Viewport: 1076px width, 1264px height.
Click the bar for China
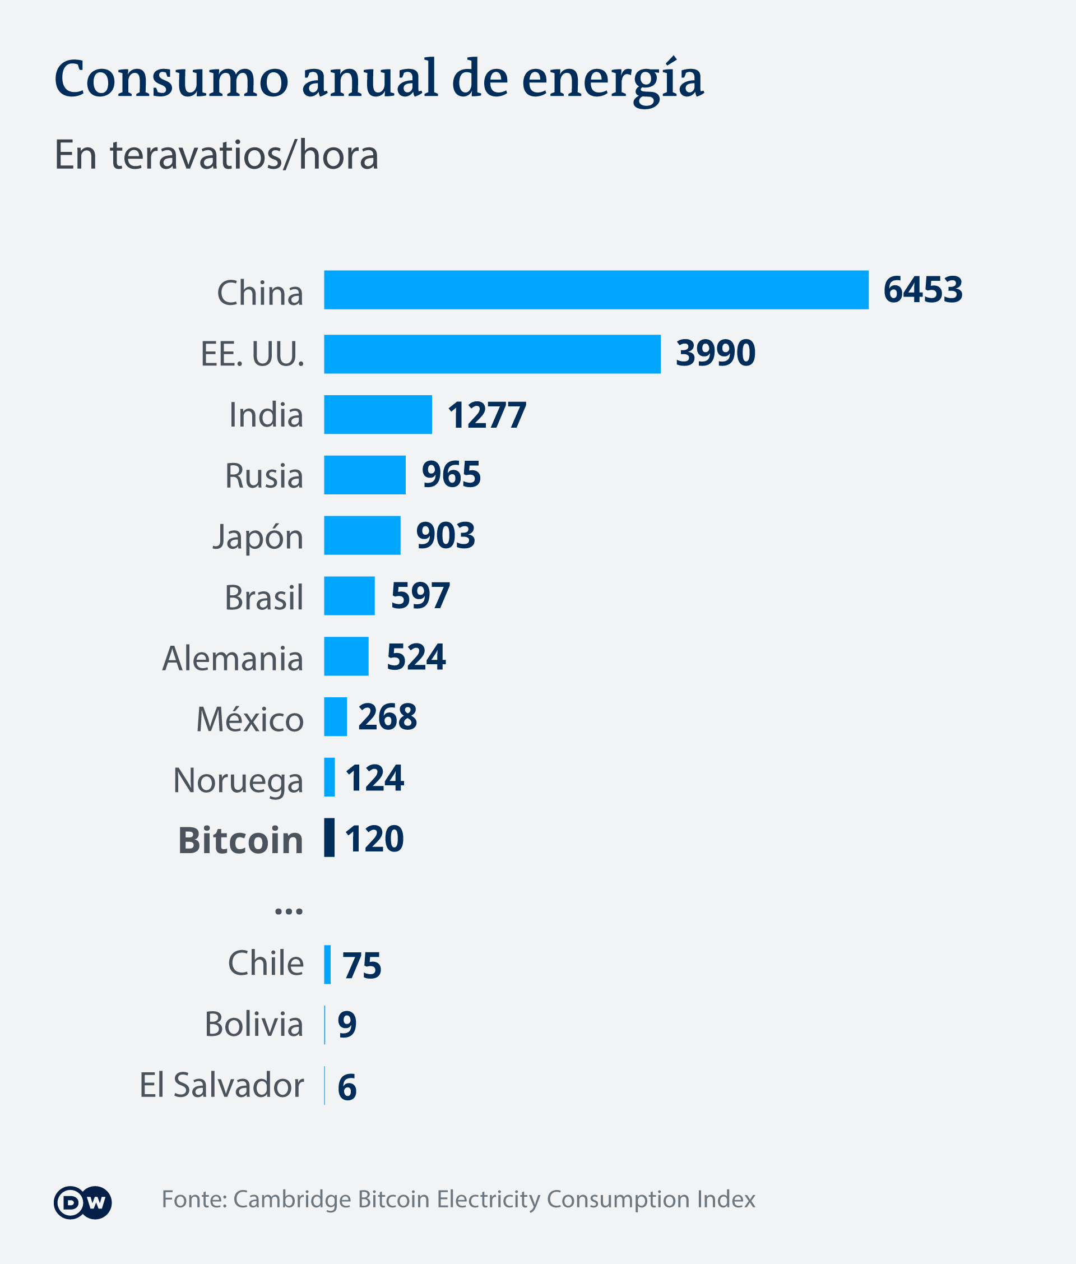pos(596,290)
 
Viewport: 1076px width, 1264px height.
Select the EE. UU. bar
pos(492,354)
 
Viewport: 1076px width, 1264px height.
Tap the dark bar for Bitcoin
pos(330,837)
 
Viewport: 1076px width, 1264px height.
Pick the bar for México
pos(336,717)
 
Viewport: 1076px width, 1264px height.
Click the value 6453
pos(923,290)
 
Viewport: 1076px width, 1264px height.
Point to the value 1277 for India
pos(487,415)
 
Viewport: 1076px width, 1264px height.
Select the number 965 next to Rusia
pos(451,475)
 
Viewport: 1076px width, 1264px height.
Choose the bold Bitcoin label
pos(241,841)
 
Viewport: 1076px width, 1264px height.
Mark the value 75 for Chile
pos(361,966)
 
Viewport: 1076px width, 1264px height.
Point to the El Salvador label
pos(222,1085)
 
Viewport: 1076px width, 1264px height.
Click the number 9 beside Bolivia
pos(347,1025)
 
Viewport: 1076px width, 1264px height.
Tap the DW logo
pos(83,1202)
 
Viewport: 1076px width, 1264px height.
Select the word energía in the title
pos(613,79)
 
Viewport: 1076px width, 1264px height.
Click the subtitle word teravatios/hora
pos(244,156)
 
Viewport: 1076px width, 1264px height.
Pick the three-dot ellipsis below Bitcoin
pos(289,911)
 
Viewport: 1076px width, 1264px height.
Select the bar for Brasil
pos(350,596)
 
